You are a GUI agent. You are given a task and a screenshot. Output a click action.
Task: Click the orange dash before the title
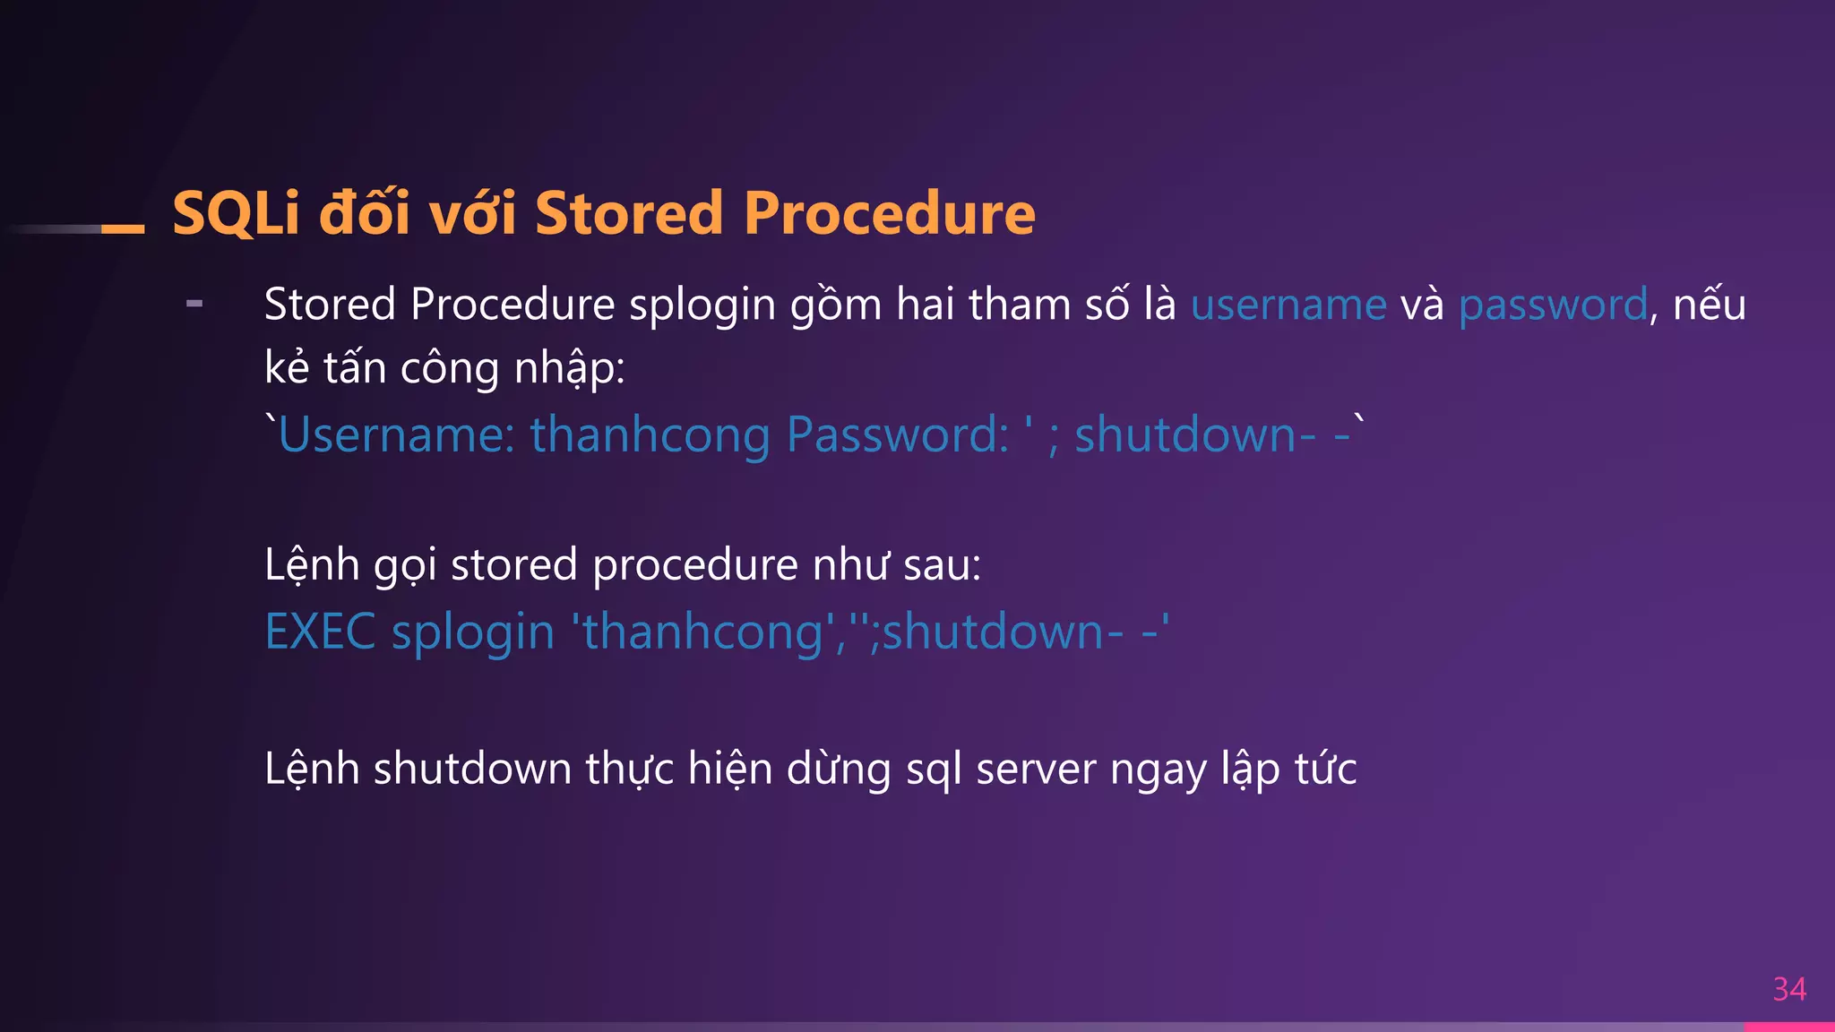tap(123, 229)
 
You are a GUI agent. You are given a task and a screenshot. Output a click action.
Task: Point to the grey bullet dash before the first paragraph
tap(194, 305)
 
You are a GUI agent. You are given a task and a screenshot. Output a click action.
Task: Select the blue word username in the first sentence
tap(1288, 305)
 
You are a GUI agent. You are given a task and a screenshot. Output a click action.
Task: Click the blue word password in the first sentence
tap(1553, 305)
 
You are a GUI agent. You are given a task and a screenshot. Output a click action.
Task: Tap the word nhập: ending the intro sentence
tap(569, 369)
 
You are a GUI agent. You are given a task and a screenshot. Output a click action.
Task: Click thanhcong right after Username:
tap(650, 435)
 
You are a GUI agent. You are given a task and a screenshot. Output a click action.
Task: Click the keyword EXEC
tap(320, 632)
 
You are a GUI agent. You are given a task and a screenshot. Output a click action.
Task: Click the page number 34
tap(1788, 989)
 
